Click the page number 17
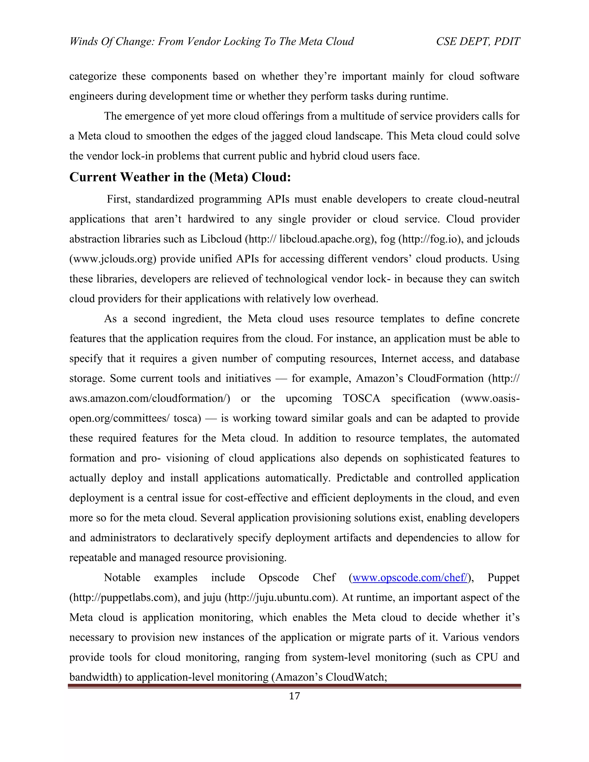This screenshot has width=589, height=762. click(294, 703)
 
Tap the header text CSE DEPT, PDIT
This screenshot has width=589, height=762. click(478, 41)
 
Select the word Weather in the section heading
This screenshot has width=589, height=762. click(146, 177)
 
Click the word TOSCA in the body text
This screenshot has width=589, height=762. click(361, 399)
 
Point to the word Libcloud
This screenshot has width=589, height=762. click(221, 239)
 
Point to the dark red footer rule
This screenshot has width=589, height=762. click(294, 686)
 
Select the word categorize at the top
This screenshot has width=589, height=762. click(93, 76)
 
